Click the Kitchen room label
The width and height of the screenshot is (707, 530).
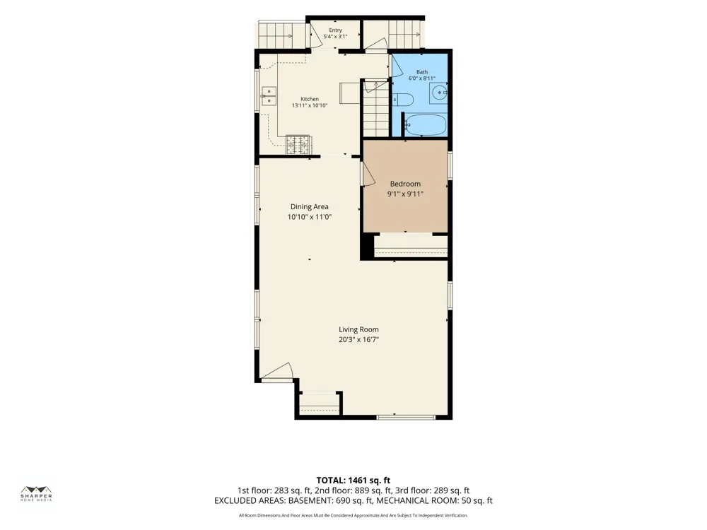[310, 99]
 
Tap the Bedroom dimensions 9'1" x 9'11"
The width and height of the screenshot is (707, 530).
[405, 194]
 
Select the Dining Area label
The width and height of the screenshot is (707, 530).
[310, 207]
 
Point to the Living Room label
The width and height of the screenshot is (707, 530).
[358, 329]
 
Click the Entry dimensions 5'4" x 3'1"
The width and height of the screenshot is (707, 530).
[335, 37]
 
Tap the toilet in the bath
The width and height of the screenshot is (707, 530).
[403, 100]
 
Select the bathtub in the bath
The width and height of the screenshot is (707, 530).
[425, 124]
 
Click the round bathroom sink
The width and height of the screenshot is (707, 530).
[439, 93]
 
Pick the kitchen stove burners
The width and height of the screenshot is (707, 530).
[298, 145]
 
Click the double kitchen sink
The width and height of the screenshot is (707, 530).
[269, 96]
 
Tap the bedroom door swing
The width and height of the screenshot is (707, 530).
[368, 174]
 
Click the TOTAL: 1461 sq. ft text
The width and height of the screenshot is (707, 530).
[353, 481]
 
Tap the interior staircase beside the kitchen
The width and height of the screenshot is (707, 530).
[376, 109]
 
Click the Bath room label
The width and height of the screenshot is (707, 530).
[422, 72]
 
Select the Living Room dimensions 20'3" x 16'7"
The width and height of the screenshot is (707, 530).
[358, 340]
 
